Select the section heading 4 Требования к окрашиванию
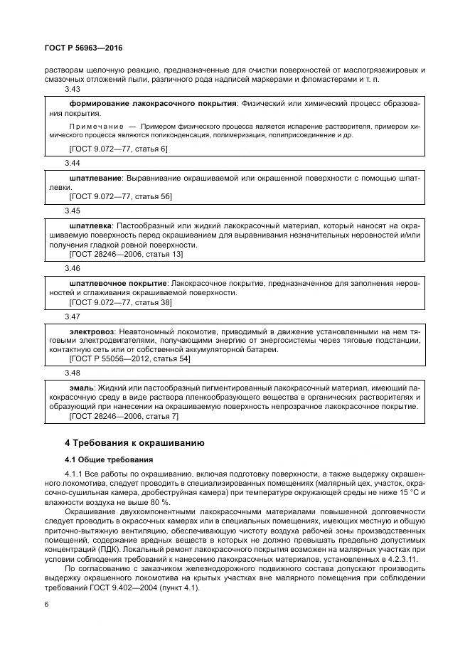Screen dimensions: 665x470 point(135,442)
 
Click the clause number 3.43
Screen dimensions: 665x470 point(73,89)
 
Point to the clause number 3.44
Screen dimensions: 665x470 point(73,163)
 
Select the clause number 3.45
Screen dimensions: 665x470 point(73,211)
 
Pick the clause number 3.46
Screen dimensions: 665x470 point(73,268)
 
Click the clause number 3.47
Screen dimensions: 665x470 point(73,316)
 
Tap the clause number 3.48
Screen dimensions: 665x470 point(73,373)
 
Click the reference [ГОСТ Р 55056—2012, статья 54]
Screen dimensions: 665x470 point(129,358)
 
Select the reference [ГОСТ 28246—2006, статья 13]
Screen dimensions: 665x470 point(126,253)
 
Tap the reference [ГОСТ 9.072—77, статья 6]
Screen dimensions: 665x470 point(118,149)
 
